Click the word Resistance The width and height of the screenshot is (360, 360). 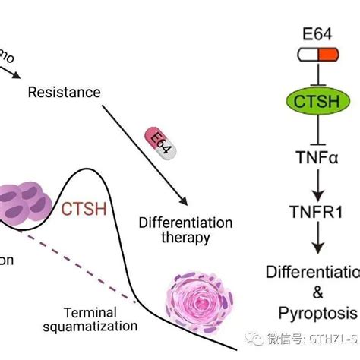[64, 93]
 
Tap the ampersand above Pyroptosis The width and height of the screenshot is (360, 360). [313, 292]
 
